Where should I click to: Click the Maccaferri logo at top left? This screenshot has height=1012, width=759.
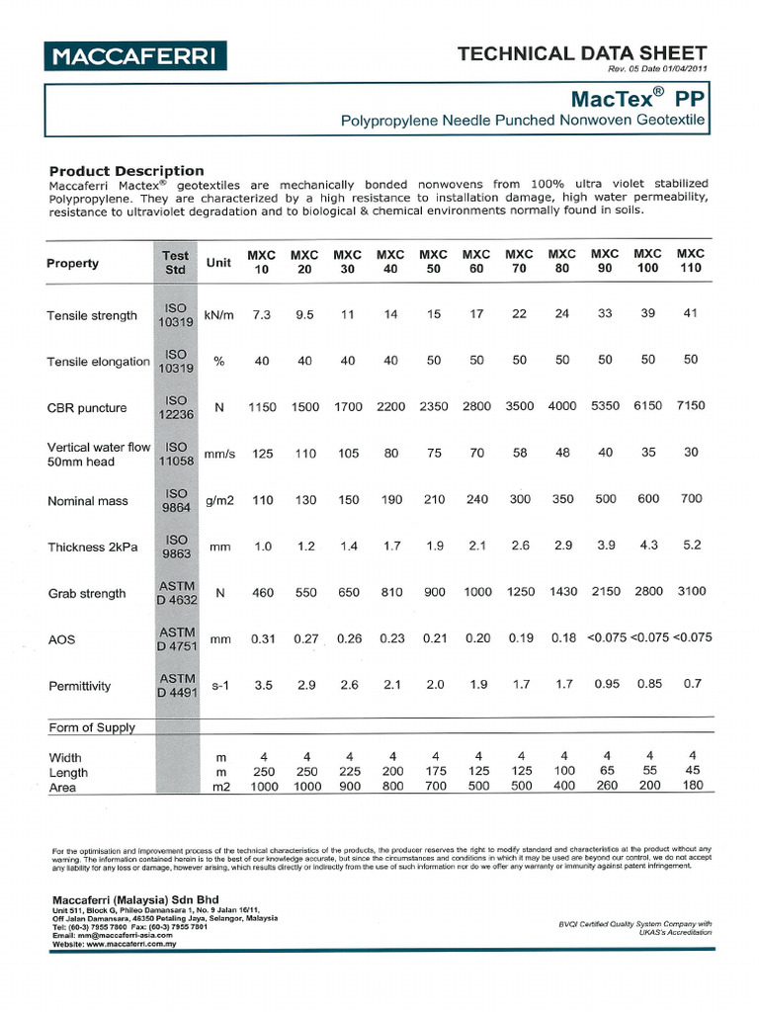(x=135, y=56)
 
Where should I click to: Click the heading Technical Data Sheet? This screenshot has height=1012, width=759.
(x=582, y=53)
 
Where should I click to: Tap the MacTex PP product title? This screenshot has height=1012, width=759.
(x=636, y=98)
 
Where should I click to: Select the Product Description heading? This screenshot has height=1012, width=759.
(x=126, y=170)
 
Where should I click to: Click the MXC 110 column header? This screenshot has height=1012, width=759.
(x=690, y=261)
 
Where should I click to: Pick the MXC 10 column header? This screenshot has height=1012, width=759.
(x=261, y=262)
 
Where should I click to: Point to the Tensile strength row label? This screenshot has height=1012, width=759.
(x=92, y=316)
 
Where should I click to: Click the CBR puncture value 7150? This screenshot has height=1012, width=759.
(x=691, y=406)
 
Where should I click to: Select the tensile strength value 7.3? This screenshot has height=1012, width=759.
(x=261, y=315)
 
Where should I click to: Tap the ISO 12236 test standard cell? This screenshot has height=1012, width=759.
(x=176, y=407)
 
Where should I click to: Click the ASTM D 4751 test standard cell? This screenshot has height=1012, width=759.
(x=176, y=638)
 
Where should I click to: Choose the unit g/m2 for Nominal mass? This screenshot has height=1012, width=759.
(x=218, y=500)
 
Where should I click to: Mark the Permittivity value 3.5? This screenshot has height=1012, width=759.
(x=262, y=684)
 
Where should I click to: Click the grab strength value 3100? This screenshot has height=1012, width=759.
(x=691, y=591)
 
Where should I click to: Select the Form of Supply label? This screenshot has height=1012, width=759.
(x=92, y=727)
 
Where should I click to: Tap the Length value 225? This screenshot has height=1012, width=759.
(x=349, y=772)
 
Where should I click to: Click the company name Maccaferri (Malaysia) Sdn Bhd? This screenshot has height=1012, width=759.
(x=128, y=899)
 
